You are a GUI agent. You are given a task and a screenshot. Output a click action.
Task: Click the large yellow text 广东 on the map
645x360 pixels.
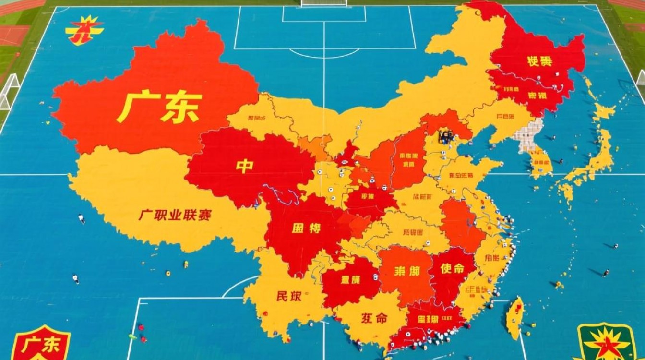(x=159, y=107)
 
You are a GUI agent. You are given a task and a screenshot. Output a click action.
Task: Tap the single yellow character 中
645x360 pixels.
(x=244, y=166)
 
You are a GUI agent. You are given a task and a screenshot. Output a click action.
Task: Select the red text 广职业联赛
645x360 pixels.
(x=175, y=215)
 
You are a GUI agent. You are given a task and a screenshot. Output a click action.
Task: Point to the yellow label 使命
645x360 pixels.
(x=452, y=268)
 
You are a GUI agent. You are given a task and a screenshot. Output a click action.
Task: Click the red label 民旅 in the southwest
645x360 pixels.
(x=289, y=296)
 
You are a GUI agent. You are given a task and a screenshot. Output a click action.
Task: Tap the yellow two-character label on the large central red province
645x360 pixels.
(x=306, y=228)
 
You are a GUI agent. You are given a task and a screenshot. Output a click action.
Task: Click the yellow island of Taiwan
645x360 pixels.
(x=514, y=317)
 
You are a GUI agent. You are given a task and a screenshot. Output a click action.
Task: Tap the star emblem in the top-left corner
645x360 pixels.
(x=84, y=30)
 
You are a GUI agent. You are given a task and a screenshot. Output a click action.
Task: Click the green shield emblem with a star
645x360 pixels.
(x=607, y=342)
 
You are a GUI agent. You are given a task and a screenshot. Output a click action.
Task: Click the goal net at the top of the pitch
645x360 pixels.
(x=323, y=3)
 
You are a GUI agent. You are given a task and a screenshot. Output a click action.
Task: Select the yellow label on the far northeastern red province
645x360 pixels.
(x=539, y=61)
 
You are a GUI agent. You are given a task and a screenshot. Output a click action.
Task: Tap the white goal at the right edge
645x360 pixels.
(x=640, y=77)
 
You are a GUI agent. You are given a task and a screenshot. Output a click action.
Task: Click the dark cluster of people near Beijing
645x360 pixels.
(x=445, y=137)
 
